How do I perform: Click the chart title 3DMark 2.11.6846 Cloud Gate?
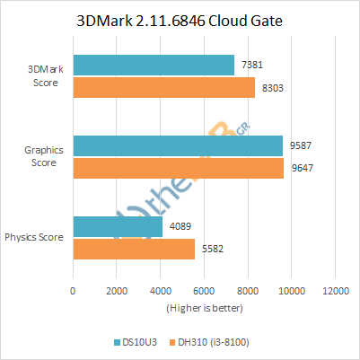coord(180,22)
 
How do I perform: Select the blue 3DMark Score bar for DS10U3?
coord(153,65)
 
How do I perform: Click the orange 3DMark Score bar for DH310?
coord(163,87)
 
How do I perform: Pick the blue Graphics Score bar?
coord(177,145)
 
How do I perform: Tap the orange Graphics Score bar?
coord(178,168)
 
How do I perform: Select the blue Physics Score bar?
coord(117,227)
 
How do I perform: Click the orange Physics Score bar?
coord(133,250)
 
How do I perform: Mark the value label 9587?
coord(299,145)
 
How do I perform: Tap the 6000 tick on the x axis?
coord(204,292)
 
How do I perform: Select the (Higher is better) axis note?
coord(204,308)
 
